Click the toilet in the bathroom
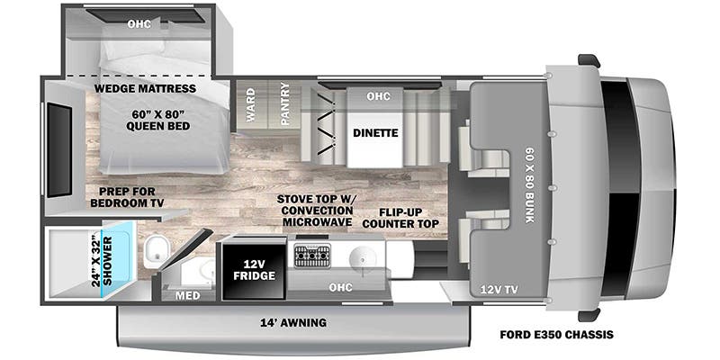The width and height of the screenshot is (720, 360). (x=159, y=248)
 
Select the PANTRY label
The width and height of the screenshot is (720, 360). (x=285, y=104)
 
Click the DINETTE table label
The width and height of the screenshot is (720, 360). (x=375, y=132)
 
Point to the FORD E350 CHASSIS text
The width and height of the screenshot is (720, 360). (x=556, y=335)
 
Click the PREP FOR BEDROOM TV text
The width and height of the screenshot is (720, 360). (x=125, y=197)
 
